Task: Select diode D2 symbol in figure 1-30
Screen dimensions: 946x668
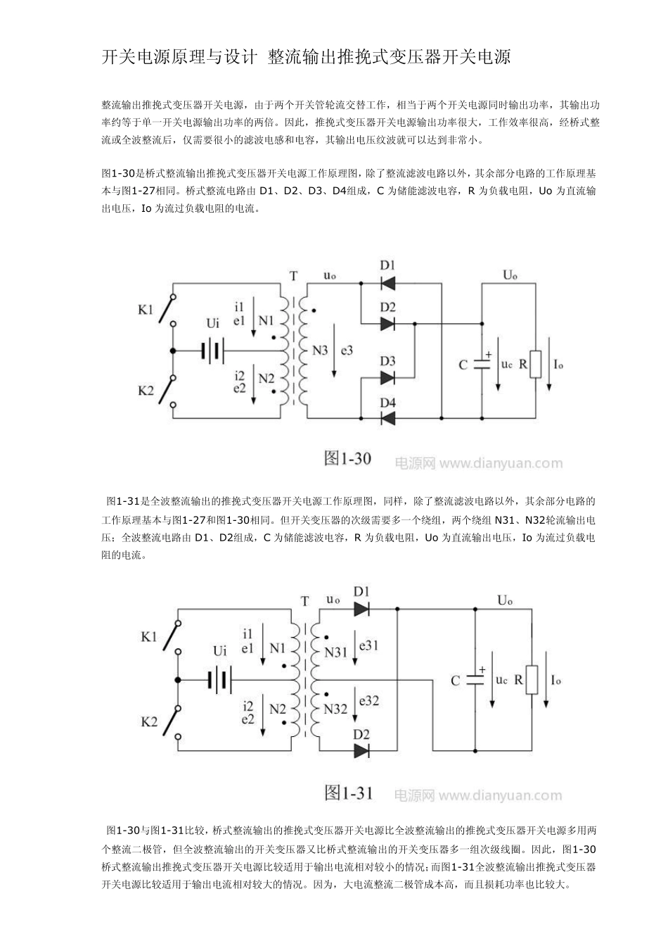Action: tap(387, 324)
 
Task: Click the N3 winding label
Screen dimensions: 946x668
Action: tap(321, 350)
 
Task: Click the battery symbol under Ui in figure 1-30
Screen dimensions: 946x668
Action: tap(212, 350)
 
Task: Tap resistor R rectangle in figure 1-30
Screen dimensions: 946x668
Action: tap(537, 364)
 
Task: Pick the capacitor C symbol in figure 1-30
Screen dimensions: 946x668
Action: tap(482, 364)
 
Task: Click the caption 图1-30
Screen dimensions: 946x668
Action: tap(347, 458)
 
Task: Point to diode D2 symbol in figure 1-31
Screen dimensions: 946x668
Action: tap(362, 751)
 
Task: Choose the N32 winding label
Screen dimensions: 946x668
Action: tap(336, 709)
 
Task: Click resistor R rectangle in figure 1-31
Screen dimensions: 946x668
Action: tap(532, 680)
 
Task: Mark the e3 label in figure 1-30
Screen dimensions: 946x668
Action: tap(347, 350)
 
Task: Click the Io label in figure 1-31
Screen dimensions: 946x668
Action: tap(555, 680)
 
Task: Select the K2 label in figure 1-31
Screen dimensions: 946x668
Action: tap(149, 721)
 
